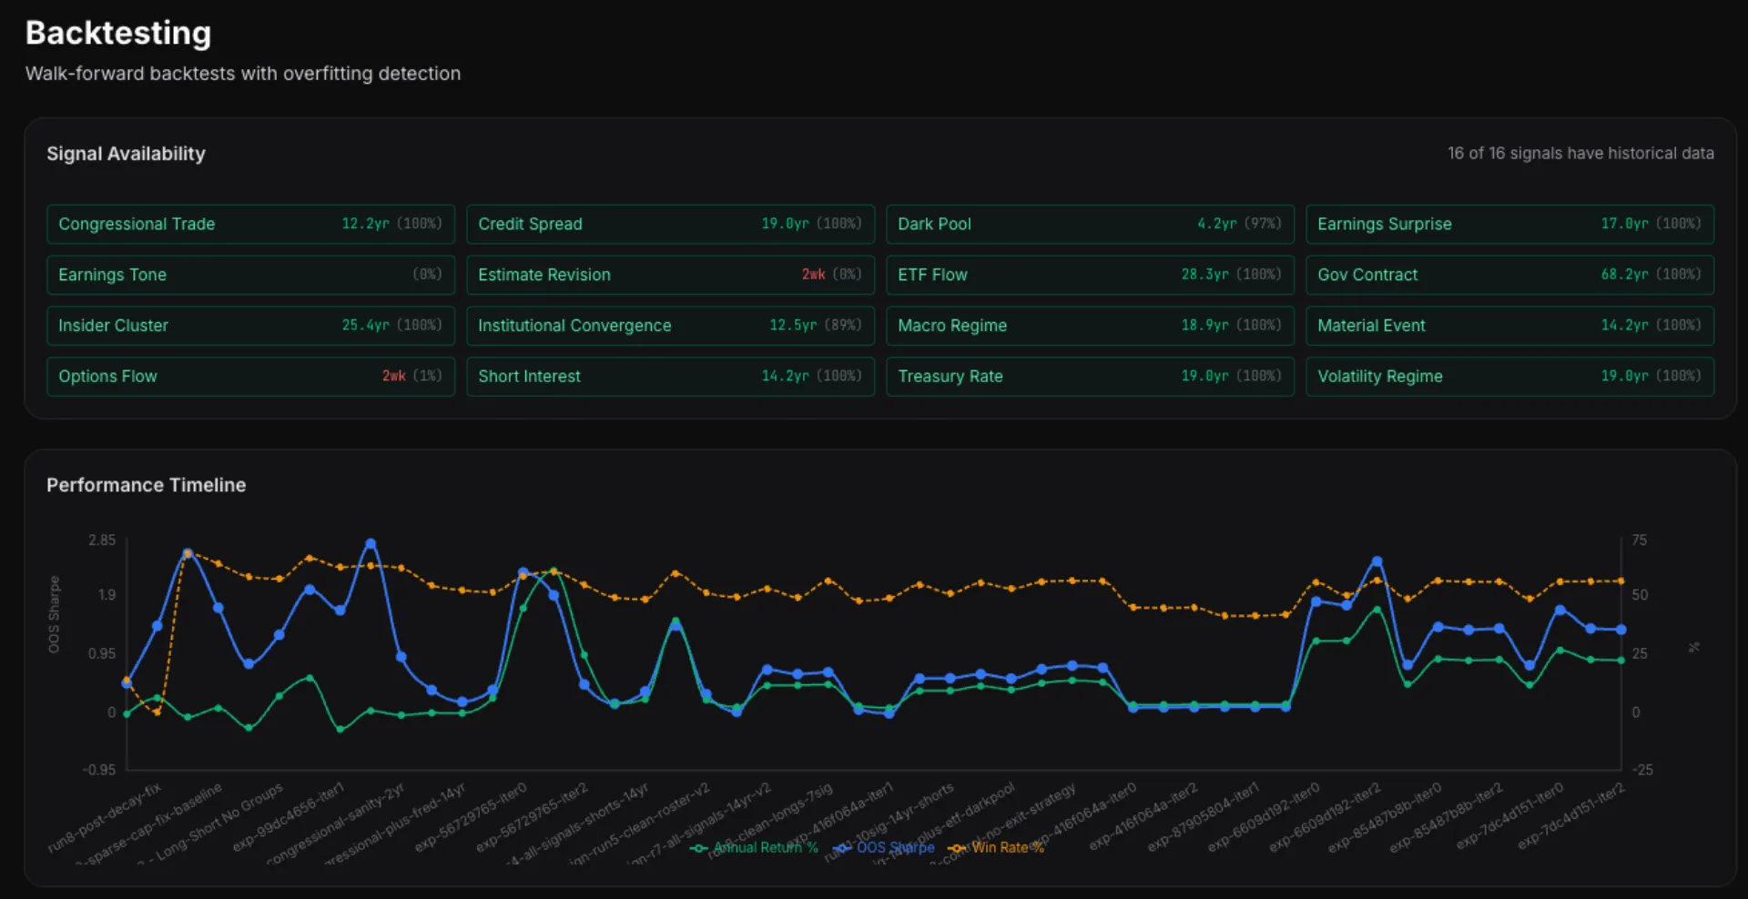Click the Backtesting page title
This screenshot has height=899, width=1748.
coord(118,34)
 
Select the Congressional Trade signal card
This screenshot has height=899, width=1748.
coord(250,224)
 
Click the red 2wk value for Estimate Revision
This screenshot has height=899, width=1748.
coord(813,275)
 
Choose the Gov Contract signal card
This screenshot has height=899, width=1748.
coord(1509,275)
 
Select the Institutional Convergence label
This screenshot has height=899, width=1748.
coord(574,326)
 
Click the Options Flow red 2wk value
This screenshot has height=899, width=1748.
coord(393,377)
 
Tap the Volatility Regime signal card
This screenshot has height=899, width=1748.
coord(1509,377)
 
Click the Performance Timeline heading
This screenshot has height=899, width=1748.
coord(146,485)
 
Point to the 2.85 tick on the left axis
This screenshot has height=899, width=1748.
coord(102,540)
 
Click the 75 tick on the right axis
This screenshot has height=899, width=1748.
coord(1639,540)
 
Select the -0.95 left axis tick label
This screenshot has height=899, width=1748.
coord(99,770)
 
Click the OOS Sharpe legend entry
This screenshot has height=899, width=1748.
coord(884,848)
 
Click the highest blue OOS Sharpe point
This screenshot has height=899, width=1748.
coord(371,544)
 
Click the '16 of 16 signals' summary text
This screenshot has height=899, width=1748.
coord(1580,154)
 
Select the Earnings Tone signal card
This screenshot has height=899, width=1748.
coord(250,275)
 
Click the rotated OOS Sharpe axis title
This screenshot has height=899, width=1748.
coord(54,614)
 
